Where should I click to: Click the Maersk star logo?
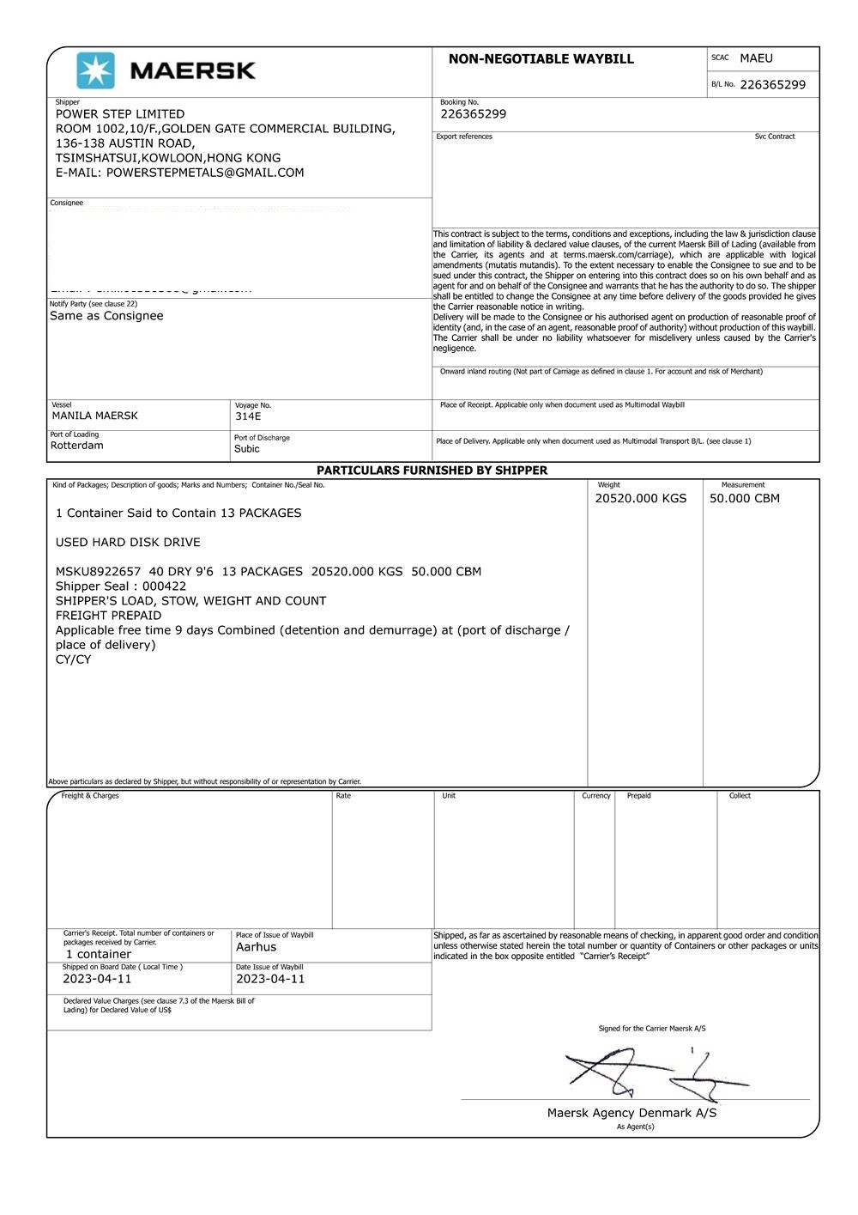coord(95,70)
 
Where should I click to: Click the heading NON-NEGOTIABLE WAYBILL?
coord(541,59)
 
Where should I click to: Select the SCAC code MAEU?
coord(756,58)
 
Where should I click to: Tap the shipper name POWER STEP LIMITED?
coord(120,114)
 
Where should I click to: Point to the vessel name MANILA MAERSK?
coord(94,416)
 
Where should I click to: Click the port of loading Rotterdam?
coord(76,446)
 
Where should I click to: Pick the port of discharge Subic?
coord(246,449)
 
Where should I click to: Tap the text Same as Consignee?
coord(106,316)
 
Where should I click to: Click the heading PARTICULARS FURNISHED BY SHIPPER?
coord(432,471)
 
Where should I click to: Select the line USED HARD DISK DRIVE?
coord(128,543)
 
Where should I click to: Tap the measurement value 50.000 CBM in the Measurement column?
coord(744,499)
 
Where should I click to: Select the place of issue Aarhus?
coord(256,947)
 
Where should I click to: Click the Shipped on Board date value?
coord(97,979)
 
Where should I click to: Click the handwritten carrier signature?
coord(652,1073)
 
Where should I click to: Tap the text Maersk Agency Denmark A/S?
coord(631,1113)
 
